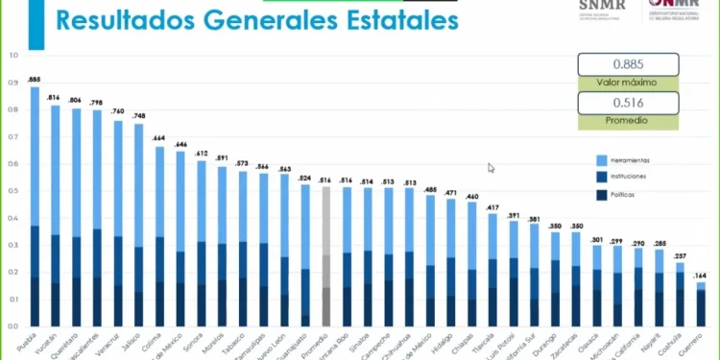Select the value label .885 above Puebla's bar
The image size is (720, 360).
tap(35, 80)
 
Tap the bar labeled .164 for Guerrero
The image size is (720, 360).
tap(701, 305)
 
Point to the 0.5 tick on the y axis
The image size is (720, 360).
tap(12, 190)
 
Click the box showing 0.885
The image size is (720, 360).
tap(628, 64)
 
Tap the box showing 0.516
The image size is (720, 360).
tap(628, 102)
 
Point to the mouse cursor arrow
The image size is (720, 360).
tap(492, 168)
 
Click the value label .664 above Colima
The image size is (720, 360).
tap(159, 139)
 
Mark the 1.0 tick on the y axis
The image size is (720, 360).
tap(12, 55)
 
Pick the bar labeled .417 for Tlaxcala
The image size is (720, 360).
tap(492, 270)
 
